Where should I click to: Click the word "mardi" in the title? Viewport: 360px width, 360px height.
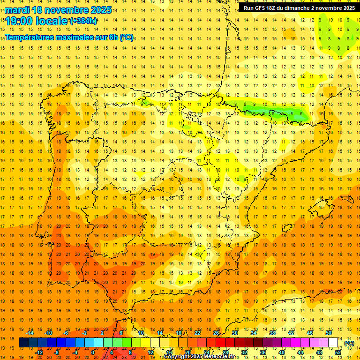pos(17,10)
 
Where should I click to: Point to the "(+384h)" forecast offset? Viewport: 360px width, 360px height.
pos(83,21)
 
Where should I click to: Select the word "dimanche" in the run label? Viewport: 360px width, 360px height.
pos(299,8)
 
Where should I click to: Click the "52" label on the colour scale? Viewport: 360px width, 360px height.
pos(338,352)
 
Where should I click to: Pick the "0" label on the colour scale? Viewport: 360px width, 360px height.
pos(94,352)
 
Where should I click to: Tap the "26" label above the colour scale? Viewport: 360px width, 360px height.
pos(216,333)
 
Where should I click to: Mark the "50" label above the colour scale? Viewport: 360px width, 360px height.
pos(328,333)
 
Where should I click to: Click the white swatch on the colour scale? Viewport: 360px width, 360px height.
pos(333,343)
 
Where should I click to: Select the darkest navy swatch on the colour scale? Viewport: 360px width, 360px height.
pos(23,343)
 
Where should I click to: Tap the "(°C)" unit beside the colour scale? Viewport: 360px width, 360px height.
pos(349,343)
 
